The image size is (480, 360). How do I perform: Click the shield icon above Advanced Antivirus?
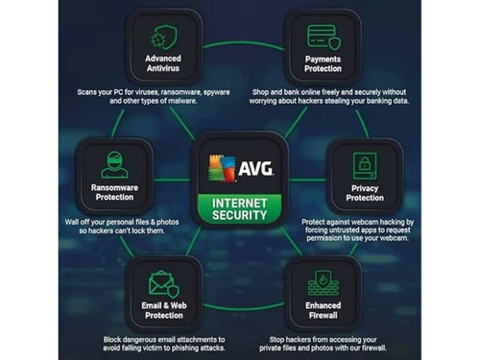162,37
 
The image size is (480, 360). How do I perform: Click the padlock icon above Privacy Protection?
365,160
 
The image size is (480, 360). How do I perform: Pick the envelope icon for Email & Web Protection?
162,282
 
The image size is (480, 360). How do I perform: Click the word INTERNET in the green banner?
239,202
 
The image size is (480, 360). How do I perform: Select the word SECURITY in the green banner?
239,216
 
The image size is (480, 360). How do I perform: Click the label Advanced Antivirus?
162,64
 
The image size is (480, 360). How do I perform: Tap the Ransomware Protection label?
112,192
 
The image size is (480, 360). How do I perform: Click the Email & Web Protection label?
162,309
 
